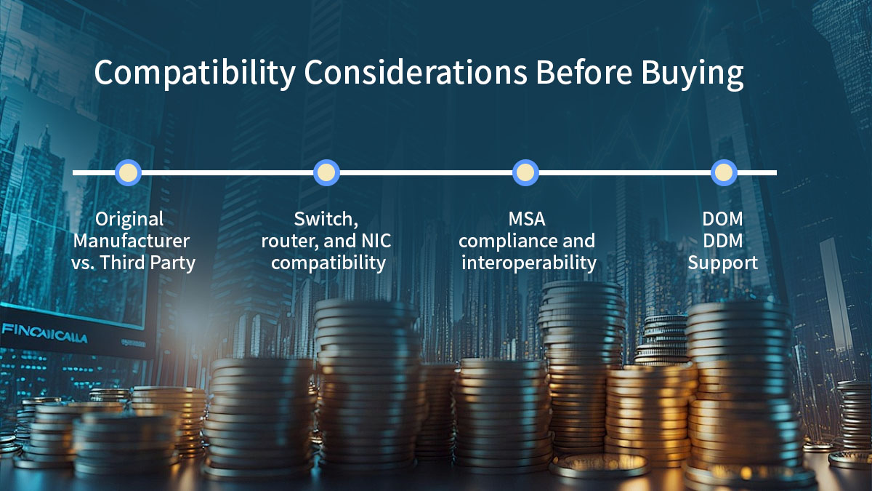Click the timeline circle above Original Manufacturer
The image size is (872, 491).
(129, 173)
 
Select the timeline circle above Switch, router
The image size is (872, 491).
(326, 173)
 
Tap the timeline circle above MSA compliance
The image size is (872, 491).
(525, 173)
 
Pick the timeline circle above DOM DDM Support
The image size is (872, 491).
(723, 173)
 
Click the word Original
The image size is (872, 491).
(130, 219)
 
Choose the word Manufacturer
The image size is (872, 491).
(132, 241)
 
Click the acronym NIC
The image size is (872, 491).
(376, 241)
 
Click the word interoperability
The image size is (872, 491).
(528, 263)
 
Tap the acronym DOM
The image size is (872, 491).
(722, 219)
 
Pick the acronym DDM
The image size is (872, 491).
(722, 241)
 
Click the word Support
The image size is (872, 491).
(722, 263)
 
